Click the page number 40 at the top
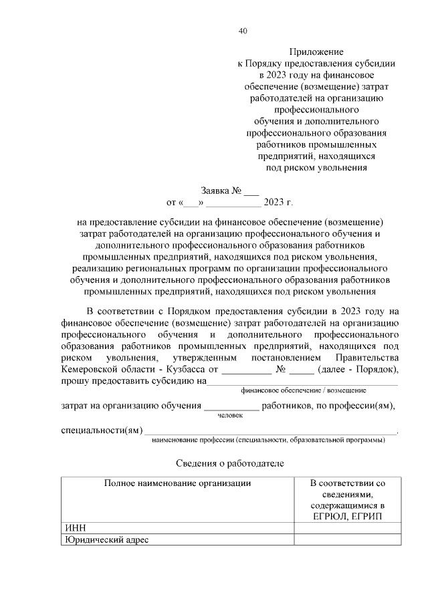pyautogui.click(x=243, y=31)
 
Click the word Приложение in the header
pyautogui.click(x=316, y=51)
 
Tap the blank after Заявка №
pyautogui.click(x=251, y=191)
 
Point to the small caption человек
pyautogui.click(x=230, y=415)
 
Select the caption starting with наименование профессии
pyautogui.click(x=268, y=440)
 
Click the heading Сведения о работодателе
pyautogui.click(x=229, y=463)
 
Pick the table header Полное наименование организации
pyautogui.click(x=177, y=483)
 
